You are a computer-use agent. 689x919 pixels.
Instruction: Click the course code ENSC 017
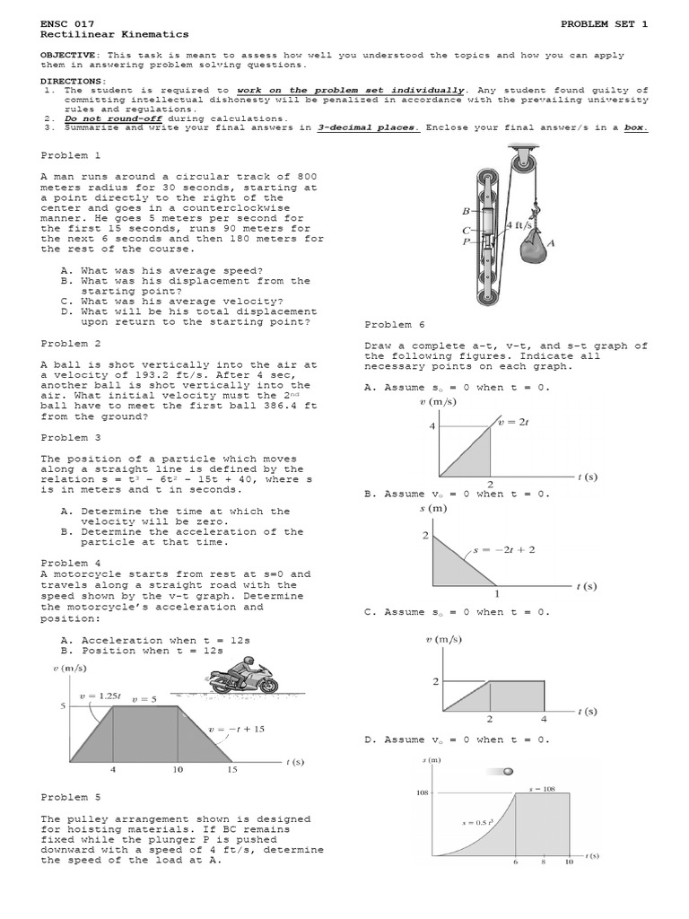click(68, 22)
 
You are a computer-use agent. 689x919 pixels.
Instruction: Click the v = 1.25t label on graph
click(100, 695)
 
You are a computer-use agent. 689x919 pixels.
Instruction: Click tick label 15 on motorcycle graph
click(231, 769)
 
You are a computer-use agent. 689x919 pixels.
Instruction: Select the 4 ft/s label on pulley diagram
click(519, 224)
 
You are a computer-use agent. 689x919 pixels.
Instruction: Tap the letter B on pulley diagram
click(465, 212)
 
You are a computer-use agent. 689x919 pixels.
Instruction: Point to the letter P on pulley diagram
click(465, 241)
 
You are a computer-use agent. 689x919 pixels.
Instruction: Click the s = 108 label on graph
click(543, 788)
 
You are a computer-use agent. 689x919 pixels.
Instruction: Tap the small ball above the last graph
click(509, 771)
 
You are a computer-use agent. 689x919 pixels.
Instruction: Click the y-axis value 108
click(424, 792)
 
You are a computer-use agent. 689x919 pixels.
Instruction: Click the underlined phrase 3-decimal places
click(368, 127)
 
